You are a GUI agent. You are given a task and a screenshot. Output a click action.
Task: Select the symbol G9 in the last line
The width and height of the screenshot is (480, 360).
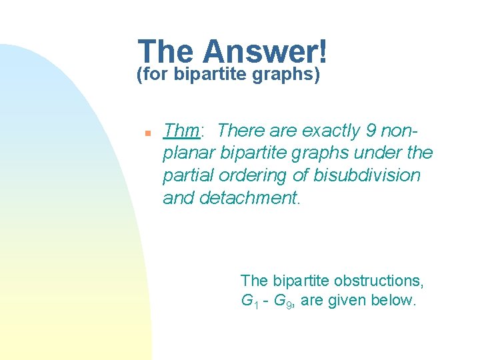point(284,301)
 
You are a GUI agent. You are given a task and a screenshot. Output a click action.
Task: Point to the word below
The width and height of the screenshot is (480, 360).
point(397,301)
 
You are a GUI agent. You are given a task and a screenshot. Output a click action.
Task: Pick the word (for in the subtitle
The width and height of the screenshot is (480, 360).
point(153,75)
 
